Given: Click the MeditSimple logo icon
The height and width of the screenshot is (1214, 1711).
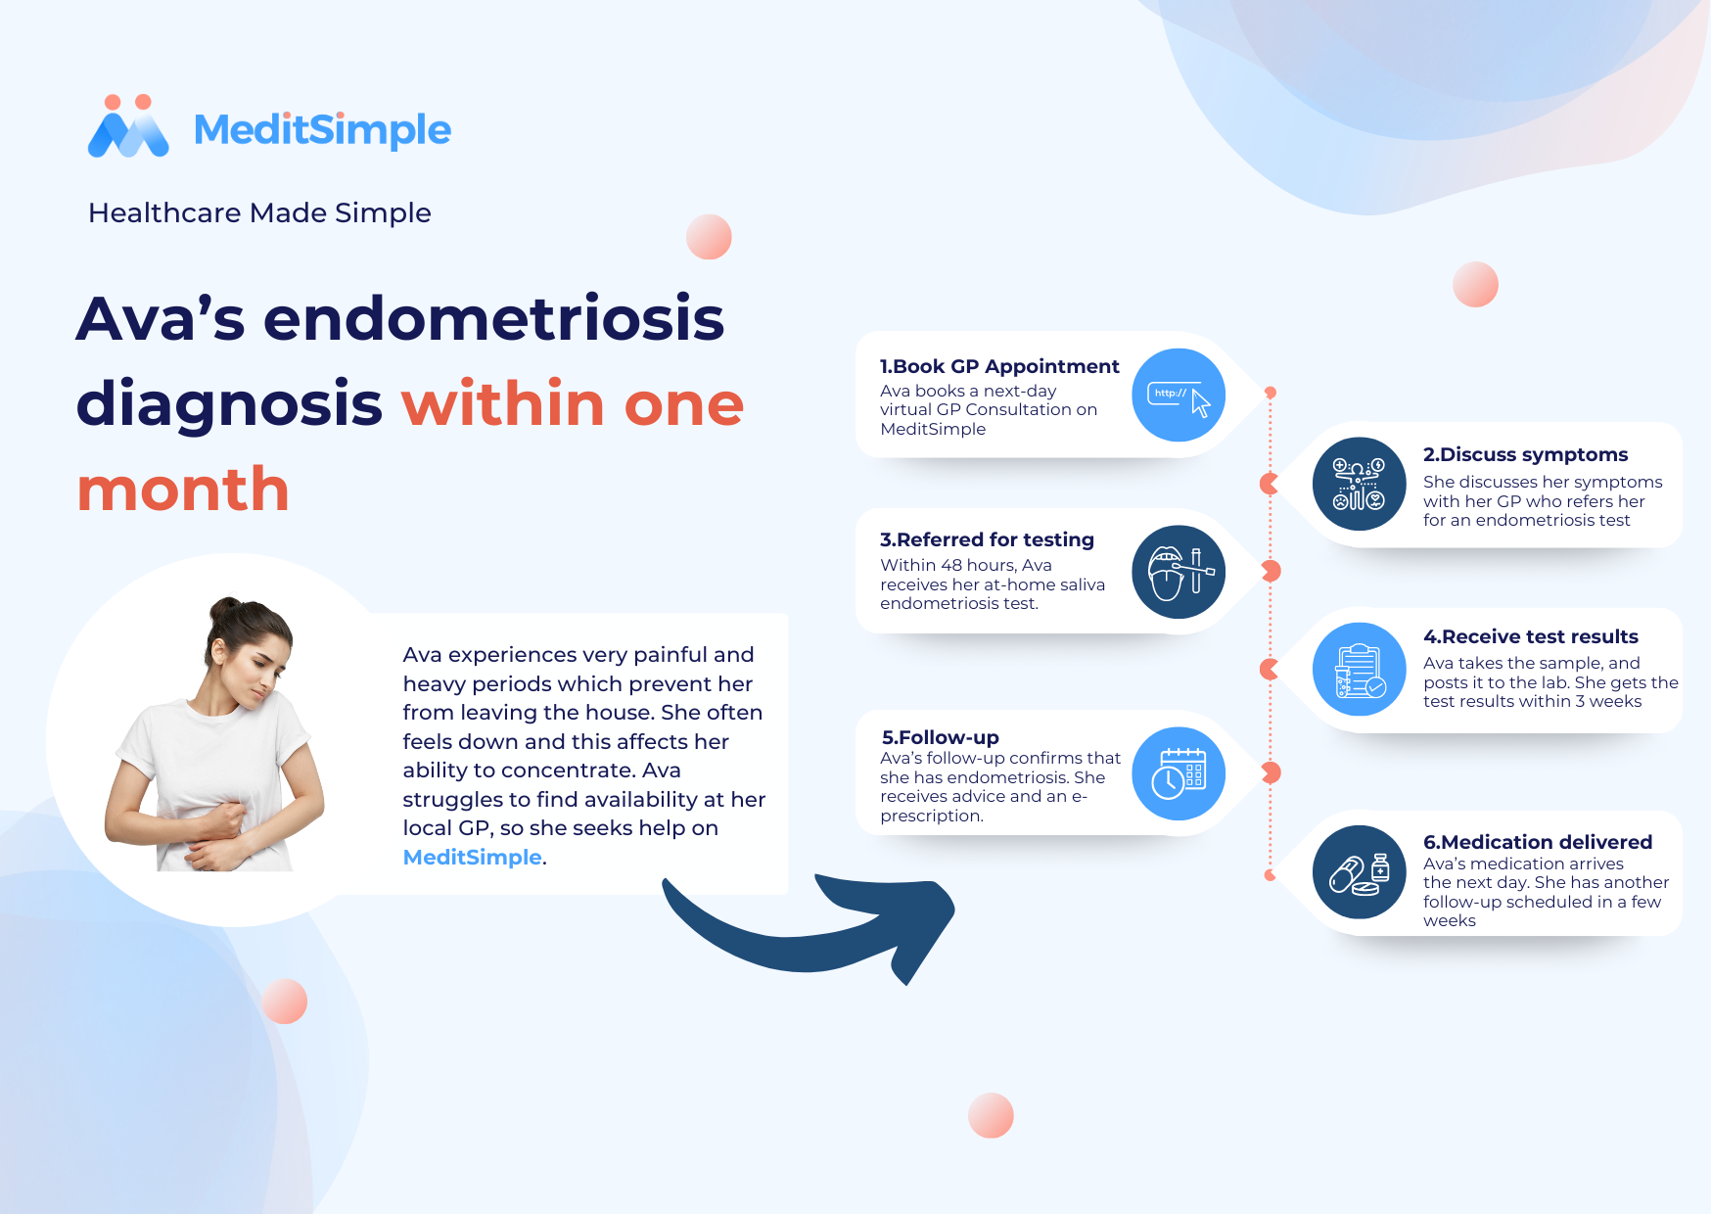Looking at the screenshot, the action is [128, 126].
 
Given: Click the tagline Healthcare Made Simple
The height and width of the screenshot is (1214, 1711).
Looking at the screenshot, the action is [259, 212].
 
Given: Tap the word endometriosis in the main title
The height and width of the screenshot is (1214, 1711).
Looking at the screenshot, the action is [493, 318].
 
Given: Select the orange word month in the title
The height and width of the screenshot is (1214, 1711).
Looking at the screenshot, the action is [183, 490].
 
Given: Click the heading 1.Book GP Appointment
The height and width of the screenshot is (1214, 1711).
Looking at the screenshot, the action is [998, 366].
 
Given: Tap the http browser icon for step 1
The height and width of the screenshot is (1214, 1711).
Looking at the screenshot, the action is [1179, 395].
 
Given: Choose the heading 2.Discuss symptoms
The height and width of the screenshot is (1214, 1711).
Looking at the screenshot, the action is [1525, 454].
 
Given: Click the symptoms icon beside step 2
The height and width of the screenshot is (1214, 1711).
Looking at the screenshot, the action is [1359, 484].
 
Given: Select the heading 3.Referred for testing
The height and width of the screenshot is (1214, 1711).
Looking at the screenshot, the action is [987, 539].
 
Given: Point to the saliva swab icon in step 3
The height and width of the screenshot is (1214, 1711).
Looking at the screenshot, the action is [1179, 572].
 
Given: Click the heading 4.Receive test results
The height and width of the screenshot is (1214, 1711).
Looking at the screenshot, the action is [1530, 636].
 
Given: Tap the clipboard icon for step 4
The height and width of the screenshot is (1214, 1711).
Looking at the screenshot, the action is [1359, 670].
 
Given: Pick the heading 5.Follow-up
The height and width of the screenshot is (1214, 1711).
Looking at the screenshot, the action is [940, 737].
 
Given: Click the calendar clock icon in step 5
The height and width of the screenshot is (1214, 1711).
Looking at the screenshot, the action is [1179, 773].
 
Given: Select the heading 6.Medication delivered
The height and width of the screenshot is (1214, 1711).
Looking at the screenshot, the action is [1537, 842].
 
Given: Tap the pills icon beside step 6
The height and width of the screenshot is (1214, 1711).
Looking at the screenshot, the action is [1359, 872].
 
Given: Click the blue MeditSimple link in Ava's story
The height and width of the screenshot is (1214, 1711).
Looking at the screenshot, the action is [472, 857].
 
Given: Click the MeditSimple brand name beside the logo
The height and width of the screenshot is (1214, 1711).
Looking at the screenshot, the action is [322, 129].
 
